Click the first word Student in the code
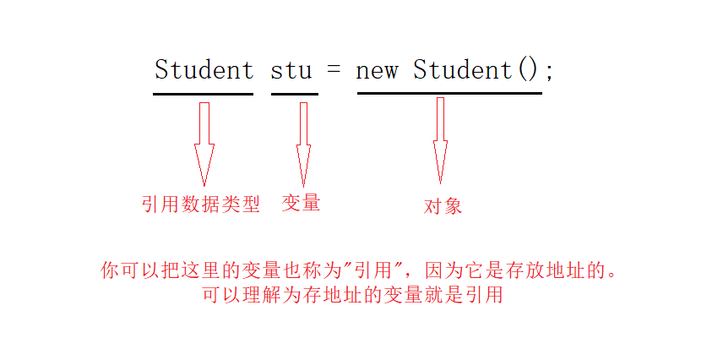204,69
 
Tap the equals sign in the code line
334,70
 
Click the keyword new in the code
377,70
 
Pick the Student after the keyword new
462,69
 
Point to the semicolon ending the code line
549,73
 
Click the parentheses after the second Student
527,70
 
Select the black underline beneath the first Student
203,94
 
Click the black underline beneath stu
294,94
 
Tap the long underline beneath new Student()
449,93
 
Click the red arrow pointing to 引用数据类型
204,144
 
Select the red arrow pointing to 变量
303,144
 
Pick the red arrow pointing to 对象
440,139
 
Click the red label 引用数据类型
200,204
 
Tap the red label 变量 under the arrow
301,203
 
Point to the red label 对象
443,206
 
